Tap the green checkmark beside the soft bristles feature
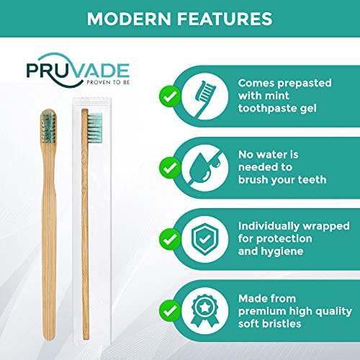pyautogui.click(x=169, y=310)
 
